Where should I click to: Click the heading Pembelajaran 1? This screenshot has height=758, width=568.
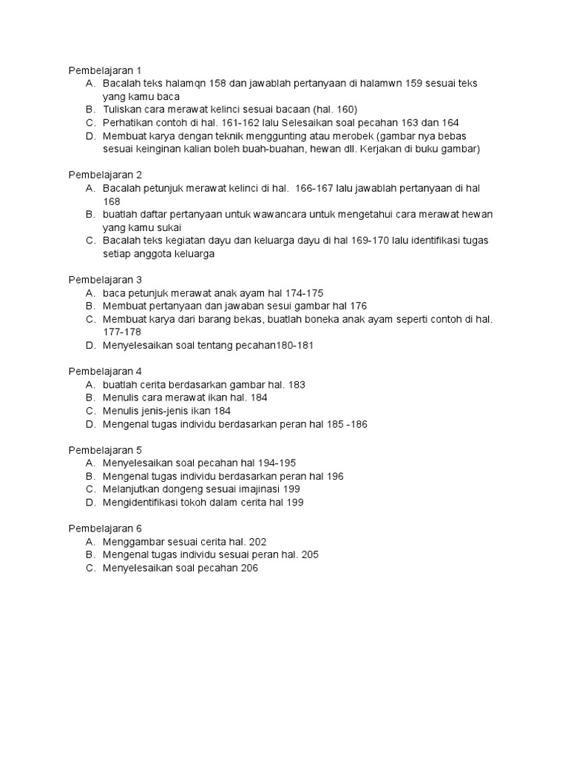point(105,70)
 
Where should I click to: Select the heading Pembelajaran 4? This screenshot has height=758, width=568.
point(105,372)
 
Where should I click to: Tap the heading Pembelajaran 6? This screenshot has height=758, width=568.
point(105,529)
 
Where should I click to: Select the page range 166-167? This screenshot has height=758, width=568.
point(316,188)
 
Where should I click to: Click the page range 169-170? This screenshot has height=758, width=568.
point(354,241)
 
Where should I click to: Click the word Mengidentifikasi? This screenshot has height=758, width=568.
point(143,503)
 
